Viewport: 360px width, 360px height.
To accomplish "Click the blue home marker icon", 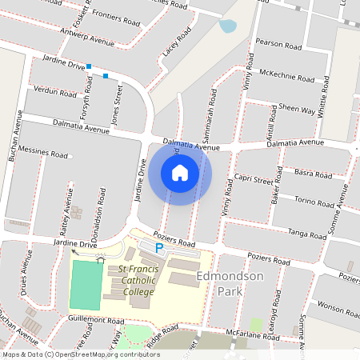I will (180, 173).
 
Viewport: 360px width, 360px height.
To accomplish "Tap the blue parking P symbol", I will (158, 249).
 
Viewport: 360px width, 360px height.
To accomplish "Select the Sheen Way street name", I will (297, 108).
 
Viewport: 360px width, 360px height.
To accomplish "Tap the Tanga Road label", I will (308, 233).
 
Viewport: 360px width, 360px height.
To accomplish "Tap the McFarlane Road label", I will (250, 334).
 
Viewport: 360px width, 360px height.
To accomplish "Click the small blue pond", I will (229, 26).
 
